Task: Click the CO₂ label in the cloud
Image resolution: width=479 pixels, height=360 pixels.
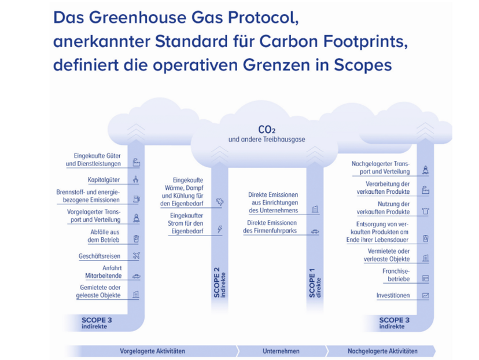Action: pyautogui.click(x=267, y=130)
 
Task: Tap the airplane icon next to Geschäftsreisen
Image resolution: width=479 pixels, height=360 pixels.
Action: pyautogui.click(x=137, y=255)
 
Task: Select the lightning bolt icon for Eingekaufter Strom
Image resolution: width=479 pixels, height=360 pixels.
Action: pyautogui.click(x=220, y=229)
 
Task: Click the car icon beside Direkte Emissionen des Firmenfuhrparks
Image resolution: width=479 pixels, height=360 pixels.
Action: pyautogui.click(x=315, y=232)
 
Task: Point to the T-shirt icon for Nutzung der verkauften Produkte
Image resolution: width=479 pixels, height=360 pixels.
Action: pyautogui.click(x=425, y=211)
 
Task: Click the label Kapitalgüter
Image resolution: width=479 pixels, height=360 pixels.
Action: pyautogui.click(x=104, y=179)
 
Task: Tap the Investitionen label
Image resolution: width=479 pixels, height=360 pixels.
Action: pyautogui.click(x=393, y=296)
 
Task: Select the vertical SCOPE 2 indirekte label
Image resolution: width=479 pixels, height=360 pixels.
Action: pyautogui.click(x=220, y=282)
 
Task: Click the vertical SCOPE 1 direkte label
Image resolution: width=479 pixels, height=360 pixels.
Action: pyautogui.click(x=315, y=283)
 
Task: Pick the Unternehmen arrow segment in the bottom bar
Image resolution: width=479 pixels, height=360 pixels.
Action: pyautogui.click(x=281, y=351)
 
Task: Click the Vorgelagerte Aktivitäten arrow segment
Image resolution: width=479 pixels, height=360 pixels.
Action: pyautogui.click(x=152, y=351)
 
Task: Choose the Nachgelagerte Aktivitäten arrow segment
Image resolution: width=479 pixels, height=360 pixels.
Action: pyautogui.click(x=382, y=351)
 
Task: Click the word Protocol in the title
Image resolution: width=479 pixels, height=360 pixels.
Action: pyautogui.click(x=263, y=17)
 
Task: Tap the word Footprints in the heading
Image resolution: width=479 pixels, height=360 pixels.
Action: pyautogui.click(x=366, y=41)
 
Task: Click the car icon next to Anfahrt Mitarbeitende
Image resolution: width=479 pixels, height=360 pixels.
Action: pyautogui.click(x=137, y=276)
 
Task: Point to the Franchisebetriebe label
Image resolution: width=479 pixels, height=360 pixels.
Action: pyautogui.click(x=396, y=275)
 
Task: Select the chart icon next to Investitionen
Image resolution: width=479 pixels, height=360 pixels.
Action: pyautogui.click(x=425, y=296)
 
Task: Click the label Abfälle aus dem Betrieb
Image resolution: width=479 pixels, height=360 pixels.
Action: pyautogui.click(x=104, y=236)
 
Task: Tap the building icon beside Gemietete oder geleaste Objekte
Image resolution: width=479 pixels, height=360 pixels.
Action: pyautogui.click(x=136, y=294)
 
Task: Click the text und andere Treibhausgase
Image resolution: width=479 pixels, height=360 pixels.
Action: pyautogui.click(x=267, y=139)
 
